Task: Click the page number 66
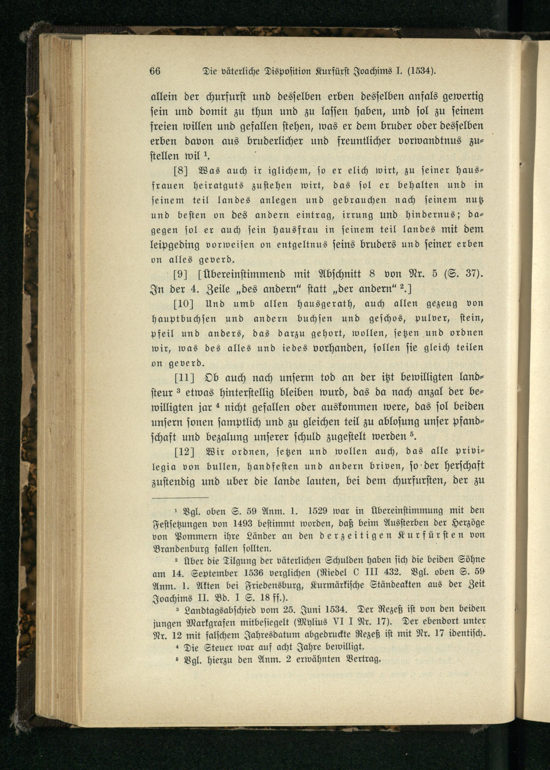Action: [155, 72]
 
